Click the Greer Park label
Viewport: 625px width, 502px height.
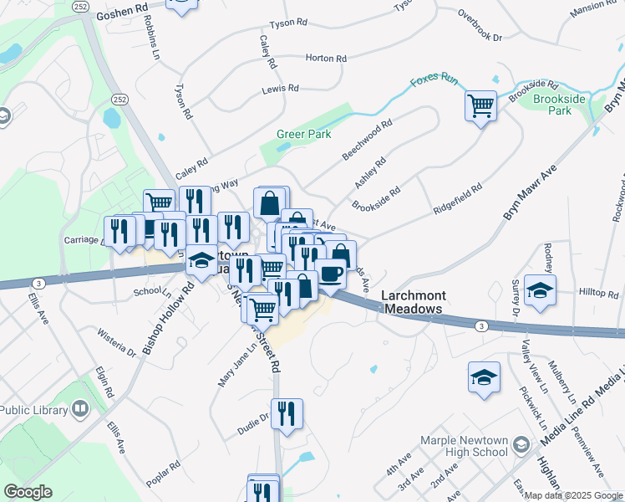pyautogui.click(x=304, y=134)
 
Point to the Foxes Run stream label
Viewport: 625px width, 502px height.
pyautogui.click(x=434, y=81)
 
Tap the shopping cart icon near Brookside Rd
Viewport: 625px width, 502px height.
pyautogui.click(x=480, y=106)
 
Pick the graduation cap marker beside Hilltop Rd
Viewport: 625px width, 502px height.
pyautogui.click(x=541, y=290)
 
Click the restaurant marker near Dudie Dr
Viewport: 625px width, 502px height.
pyautogui.click(x=287, y=412)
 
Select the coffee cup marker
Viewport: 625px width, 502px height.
pyautogui.click(x=331, y=274)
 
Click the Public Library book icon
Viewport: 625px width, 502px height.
pyautogui.click(x=80, y=410)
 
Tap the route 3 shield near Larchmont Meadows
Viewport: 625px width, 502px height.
pyautogui.click(x=480, y=325)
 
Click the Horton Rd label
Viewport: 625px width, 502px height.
pyautogui.click(x=326, y=59)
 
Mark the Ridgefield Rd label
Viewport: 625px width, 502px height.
pyautogui.click(x=458, y=201)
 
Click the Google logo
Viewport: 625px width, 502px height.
pyautogui.click(x=28, y=492)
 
